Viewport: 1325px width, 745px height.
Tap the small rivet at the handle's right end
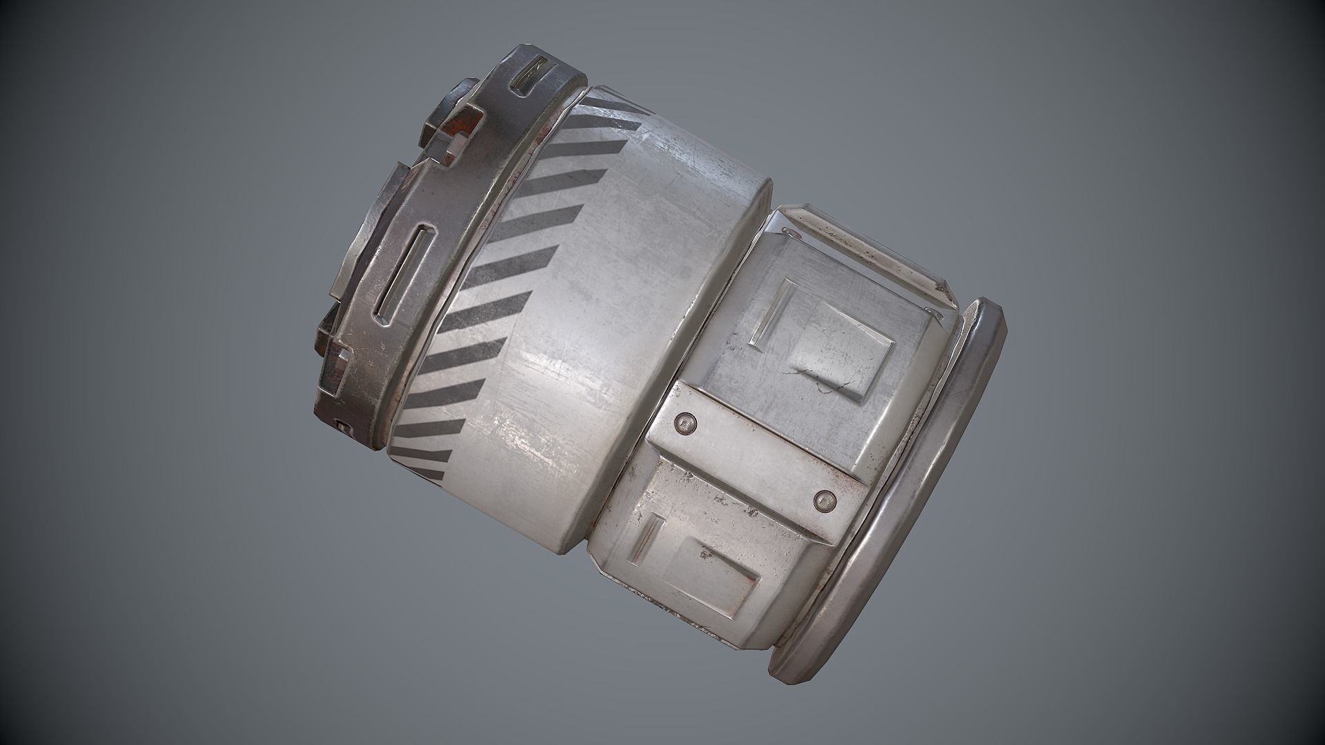tap(936, 314)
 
